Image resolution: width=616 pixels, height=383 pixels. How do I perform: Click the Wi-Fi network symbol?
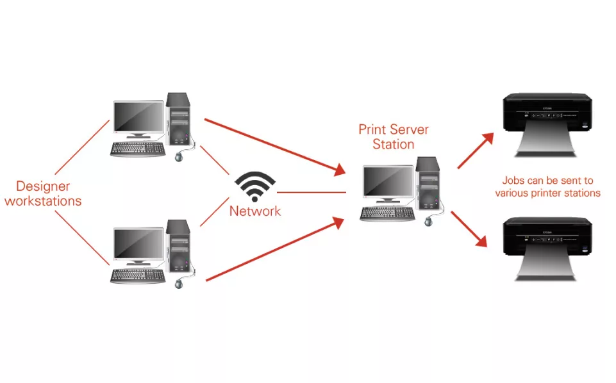(255, 186)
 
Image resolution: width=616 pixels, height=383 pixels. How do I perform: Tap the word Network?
(255, 211)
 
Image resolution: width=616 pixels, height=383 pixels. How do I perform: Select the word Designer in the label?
(43, 186)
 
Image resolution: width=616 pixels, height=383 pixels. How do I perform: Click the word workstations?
(43, 201)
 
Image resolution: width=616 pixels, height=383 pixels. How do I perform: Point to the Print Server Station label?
(394, 137)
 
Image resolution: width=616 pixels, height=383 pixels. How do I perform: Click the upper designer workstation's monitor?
(138, 118)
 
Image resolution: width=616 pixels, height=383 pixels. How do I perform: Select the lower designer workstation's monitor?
(138, 245)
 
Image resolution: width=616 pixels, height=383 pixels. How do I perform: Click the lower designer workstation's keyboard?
(137, 276)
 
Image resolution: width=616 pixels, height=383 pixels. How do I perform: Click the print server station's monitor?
(388, 183)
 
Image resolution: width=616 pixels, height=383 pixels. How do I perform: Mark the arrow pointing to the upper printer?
(476, 151)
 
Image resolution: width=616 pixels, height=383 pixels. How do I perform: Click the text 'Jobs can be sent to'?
(547, 181)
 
